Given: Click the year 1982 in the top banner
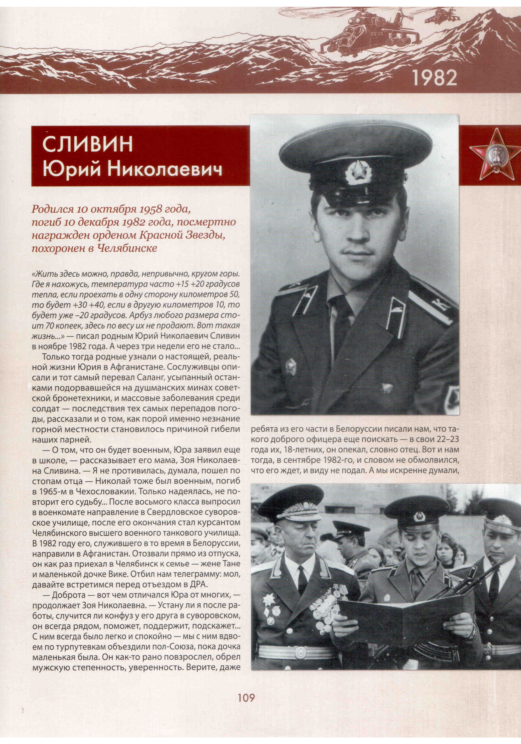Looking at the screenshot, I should (435, 78).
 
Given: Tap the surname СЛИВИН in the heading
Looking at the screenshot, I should (87, 144).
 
